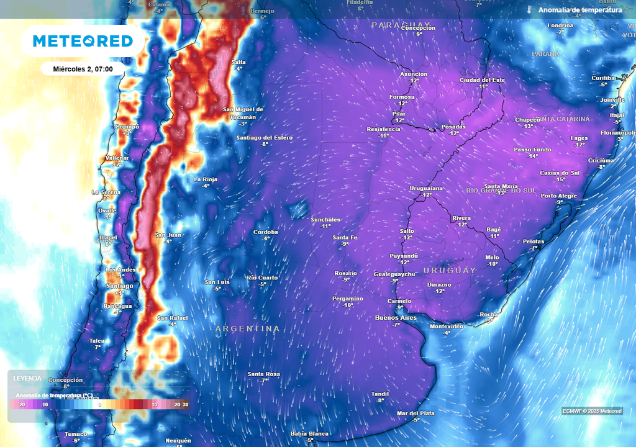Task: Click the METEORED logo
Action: pyautogui.click(x=83, y=42)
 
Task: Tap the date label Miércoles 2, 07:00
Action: pyautogui.click(x=83, y=69)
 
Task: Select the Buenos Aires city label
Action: pyautogui.click(x=396, y=318)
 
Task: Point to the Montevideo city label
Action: pyautogui.click(x=447, y=327)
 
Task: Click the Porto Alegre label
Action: pyautogui.click(x=558, y=196)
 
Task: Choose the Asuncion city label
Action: pyautogui.click(x=413, y=74)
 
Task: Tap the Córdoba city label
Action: pyautogui.click(x=266, y=232)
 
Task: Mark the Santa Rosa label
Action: pyautogui.click(x=264, y=374)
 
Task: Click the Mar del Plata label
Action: pyautogui.click(x=416, y=413)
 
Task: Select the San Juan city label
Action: pyautogui.click(x=168, y=235)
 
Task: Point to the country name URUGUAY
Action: pyautogui.click(x=450, y=271)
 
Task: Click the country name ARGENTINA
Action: pyautogui.click(x=247, y=328)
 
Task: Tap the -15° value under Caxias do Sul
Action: pyautogui.click(x=560, y=179)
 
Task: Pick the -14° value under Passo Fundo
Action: pyautogui.click(x=533, y=156)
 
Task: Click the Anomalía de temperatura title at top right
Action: pyautogui.click(x=580, y=10)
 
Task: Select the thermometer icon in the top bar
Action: pyautogui.click(x=530, y=10)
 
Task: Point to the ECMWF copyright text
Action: pyautogui.click(x=591, y=411)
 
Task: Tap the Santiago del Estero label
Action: pyautogui.click(x=264, y=137)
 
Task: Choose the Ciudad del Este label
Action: pyautogui.click(x=482, y=80)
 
